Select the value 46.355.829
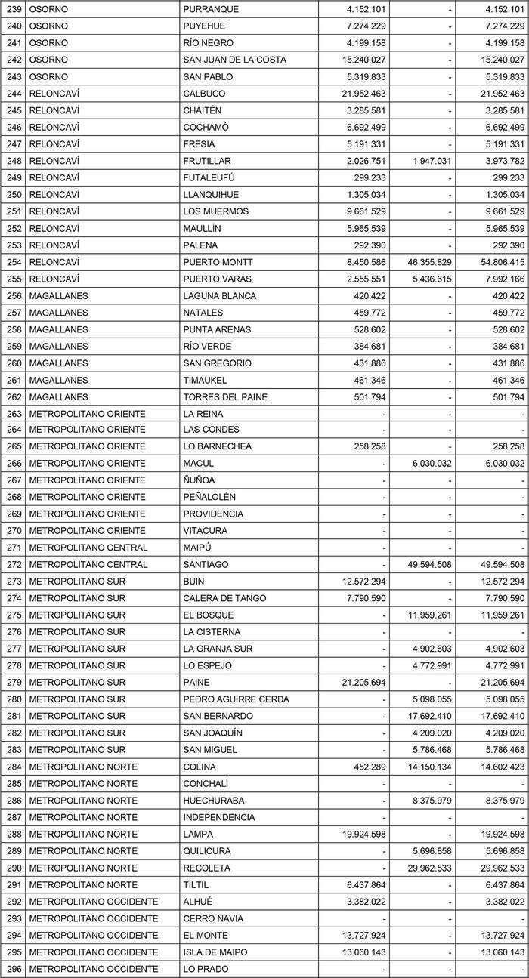[x=425, y=262]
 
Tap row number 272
[x=14, y=565]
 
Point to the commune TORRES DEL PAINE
[x=225, y=396]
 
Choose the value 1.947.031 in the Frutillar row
[x=427, y=161]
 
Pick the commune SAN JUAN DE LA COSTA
[x=234, y=60]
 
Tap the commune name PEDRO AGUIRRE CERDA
[x=236, y=699]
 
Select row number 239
[x=14, y=9]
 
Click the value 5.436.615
[x=427, y=279]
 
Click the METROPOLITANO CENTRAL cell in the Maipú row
[x=88, y=548]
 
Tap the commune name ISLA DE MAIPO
[x=215, y=952]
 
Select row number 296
[x=14, y=969]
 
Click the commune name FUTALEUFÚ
[x=209, y=177]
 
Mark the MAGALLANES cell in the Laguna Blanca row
[x=58, y=296]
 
